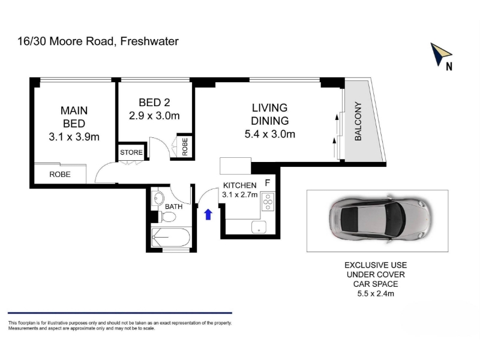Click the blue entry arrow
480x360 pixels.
pyautogui.click(x=208, y=214)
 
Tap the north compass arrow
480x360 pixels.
pyautogui.click(x=440, y=53)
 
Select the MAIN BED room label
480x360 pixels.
pyautogui.click(x=74, y=117)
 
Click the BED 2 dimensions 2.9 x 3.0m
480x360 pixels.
pyautogui.click(x=154, y=116)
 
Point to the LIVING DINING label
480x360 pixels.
pyautogui.click(x=269, y=115)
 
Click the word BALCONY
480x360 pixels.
pyautogui.click(x=358, y=121)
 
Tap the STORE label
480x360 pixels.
pyautogui.click(x=131, y=152)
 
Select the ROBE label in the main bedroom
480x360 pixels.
pyautogui.click(x=60, y=175)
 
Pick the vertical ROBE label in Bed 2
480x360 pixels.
pyautogui.click(x=185, y=146)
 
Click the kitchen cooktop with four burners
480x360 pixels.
pyautogui.click(x=268, y=202)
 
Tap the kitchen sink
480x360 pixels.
pyautogui.click(x=259, y=227)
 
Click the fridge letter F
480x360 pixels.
pyautogui.click(x=267, y=183)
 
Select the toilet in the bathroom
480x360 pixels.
pyautogui.click(x=167, y=217)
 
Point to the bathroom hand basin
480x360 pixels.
pyautogui.click(x=158, y=199)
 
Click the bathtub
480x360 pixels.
pyautogui.click(x=171, y=237)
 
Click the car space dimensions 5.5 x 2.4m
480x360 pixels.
pyautogui.click(x=376, y=294)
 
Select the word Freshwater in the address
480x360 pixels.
pyautogui.click(x=149, y=41)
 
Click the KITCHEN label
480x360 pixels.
pyautogui.click(x=239, y=185)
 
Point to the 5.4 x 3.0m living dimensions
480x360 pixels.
pyautogui.click(x=269, y=134)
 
